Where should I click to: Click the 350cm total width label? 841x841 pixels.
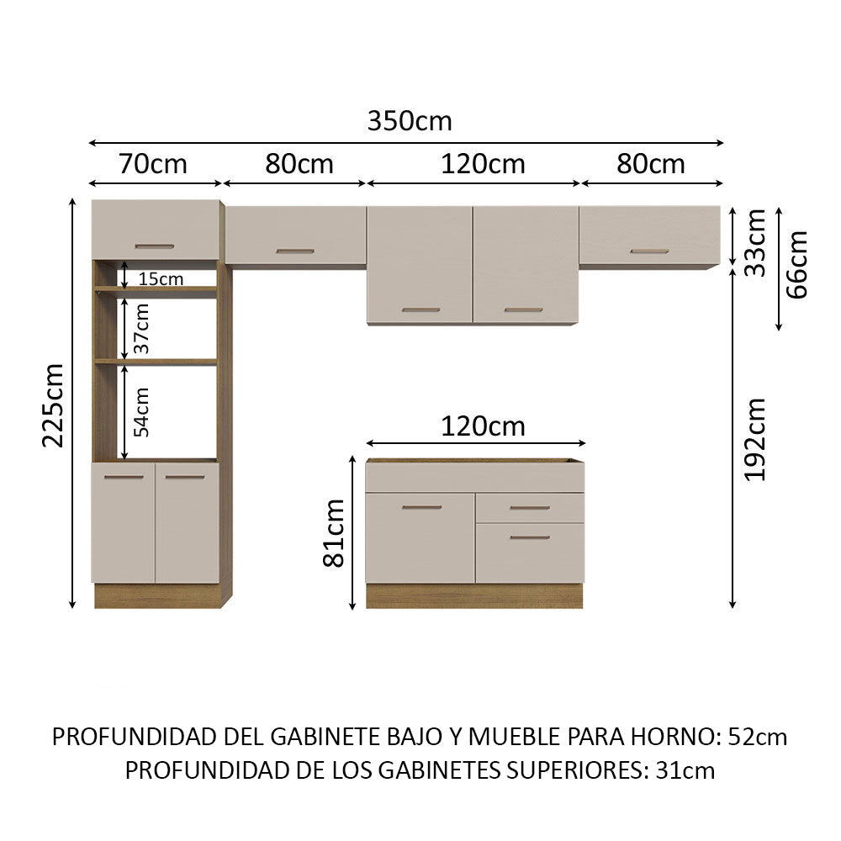point(410,121)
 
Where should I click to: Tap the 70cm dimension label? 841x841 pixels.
point(153,164)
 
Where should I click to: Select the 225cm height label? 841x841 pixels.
point(54,405)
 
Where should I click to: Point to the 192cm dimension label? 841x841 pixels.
point(755,439)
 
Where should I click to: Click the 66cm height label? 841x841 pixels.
point(797,264)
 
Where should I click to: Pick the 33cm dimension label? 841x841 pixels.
point(755,243)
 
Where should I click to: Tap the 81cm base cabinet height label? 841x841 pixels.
point(334,532)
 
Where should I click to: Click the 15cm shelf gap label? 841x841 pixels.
point(161,279)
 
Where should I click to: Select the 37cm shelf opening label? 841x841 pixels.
point(141,329)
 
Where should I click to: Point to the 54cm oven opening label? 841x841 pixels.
point(141,412)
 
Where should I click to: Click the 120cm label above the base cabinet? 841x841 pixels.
point(483,427)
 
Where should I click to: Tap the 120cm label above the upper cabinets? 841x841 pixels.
point(483,164)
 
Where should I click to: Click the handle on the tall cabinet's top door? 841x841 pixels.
point(155,246)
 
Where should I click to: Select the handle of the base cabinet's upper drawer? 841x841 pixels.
point(529,508)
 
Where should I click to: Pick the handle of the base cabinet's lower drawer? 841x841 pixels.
point(529,537)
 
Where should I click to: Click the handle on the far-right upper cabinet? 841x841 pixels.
point(649,251)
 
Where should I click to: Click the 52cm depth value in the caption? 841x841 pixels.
point(758,737)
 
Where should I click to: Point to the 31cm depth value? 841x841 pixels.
point(685,770)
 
